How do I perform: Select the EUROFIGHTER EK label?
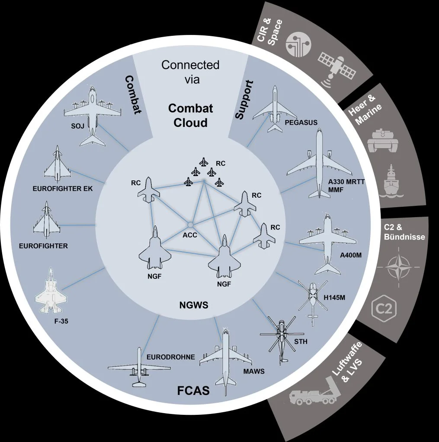63,188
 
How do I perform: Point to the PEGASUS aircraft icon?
274,108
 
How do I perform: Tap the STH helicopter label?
301,341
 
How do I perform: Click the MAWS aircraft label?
254,371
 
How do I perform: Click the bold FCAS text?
193,391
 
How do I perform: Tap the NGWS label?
194,305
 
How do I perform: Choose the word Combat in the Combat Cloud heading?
190,108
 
